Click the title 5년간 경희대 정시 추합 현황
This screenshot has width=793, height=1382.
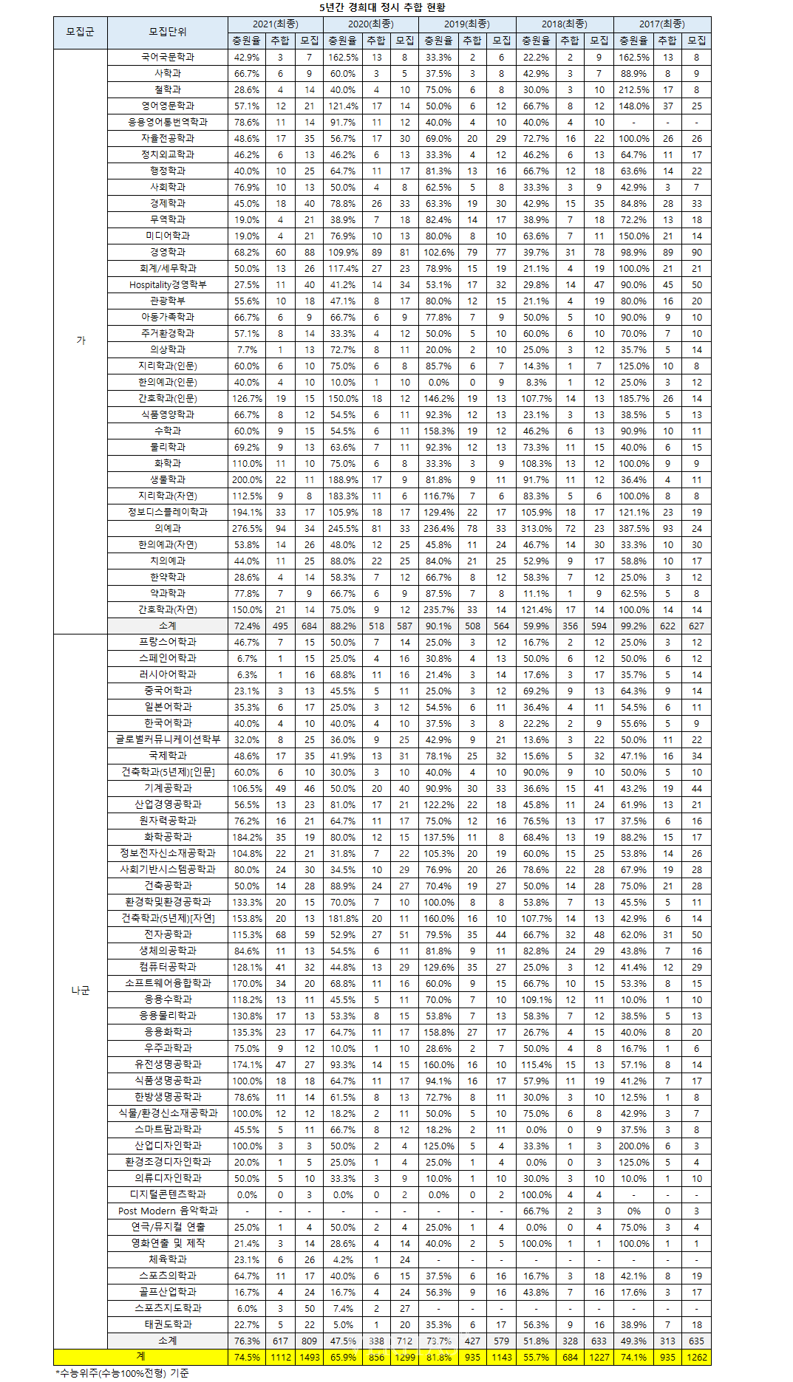tap(382, 7)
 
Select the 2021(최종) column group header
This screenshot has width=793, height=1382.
tap(275, 24)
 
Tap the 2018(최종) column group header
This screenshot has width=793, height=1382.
tap(564, 24)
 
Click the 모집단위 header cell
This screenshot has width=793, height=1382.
tap(168, 33)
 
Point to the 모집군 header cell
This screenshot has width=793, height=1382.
tap(81, 33)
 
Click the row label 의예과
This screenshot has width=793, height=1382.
tap(168, 528)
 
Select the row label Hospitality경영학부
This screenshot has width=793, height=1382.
tap(168, 284)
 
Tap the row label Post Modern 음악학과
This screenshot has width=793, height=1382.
tap(168, 1211)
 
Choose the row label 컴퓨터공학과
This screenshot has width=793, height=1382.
tap(168, 967)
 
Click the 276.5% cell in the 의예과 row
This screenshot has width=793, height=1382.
tap(247, 528)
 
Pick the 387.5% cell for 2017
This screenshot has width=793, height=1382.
tap(633, 528)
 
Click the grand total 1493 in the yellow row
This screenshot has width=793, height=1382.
tap(309, 1357)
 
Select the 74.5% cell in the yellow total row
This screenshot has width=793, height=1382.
tap(247, 1357)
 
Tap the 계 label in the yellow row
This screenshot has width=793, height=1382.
tap(140, 1357)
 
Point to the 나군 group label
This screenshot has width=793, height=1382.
tap(81, 991)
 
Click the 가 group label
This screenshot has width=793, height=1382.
tap(81, 341)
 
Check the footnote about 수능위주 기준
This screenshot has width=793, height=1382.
tap(123, 1373)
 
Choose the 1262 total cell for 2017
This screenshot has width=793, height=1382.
tap(696, 1357)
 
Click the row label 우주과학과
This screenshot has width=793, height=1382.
tap(168, 1048)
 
